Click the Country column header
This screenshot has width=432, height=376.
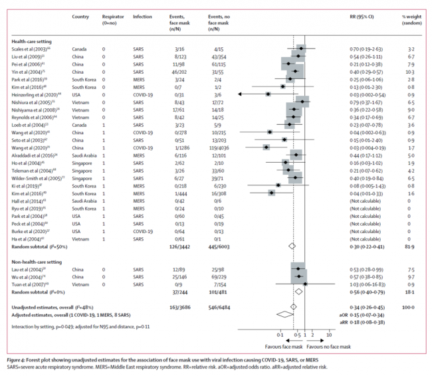80,14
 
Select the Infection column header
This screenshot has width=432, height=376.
142,14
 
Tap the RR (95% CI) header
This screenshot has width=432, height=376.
363,14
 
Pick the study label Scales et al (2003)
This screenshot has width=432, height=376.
31,48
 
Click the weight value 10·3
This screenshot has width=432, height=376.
411,71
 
